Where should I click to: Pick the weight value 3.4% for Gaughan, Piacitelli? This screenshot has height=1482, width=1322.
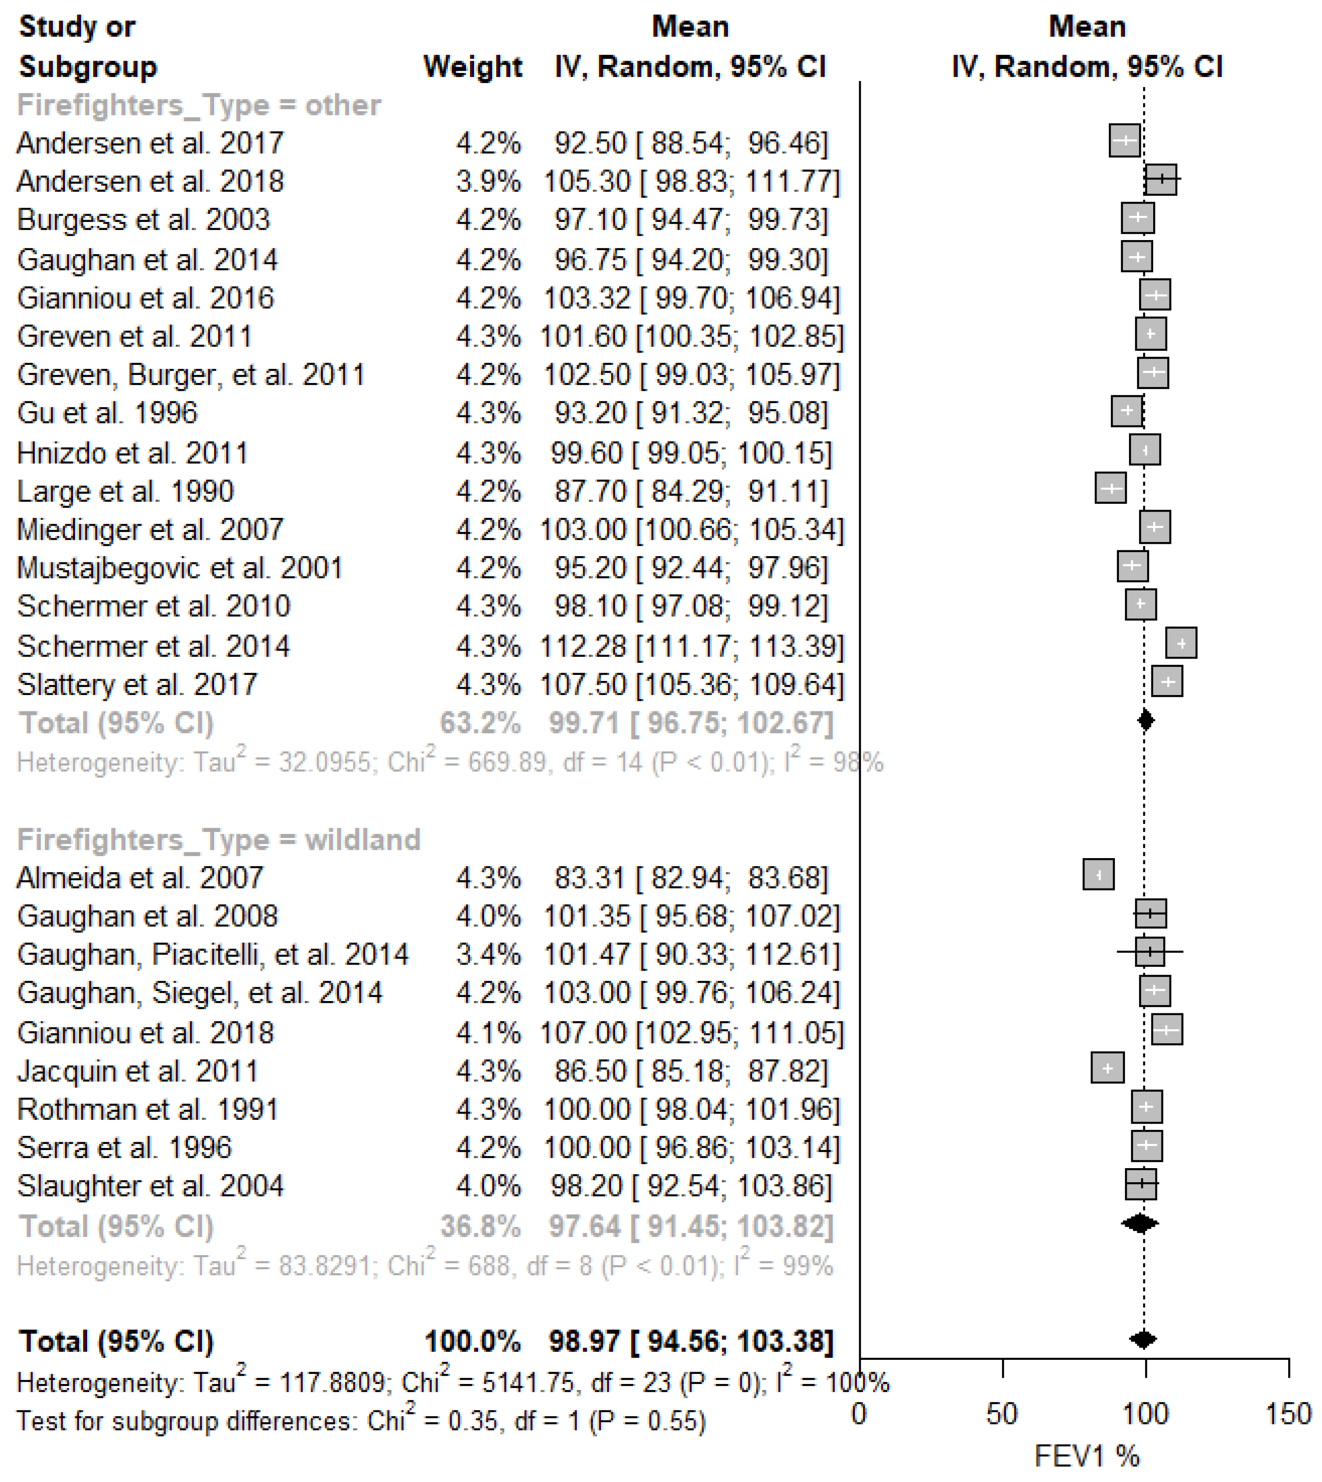(488, 954)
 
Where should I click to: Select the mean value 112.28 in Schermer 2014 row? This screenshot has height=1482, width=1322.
(583, 646)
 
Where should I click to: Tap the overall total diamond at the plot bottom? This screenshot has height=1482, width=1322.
(1144, 1339)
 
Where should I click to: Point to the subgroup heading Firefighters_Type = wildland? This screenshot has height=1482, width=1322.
(219, 839)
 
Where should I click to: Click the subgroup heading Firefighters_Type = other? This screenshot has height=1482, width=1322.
(199, 106)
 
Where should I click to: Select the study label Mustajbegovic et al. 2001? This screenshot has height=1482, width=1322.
(179, 568)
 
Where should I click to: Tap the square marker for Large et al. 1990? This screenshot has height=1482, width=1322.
(1111, 488)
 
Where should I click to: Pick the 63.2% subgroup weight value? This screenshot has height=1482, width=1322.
(480, 723)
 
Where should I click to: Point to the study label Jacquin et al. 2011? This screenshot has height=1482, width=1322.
(137, 1071)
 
